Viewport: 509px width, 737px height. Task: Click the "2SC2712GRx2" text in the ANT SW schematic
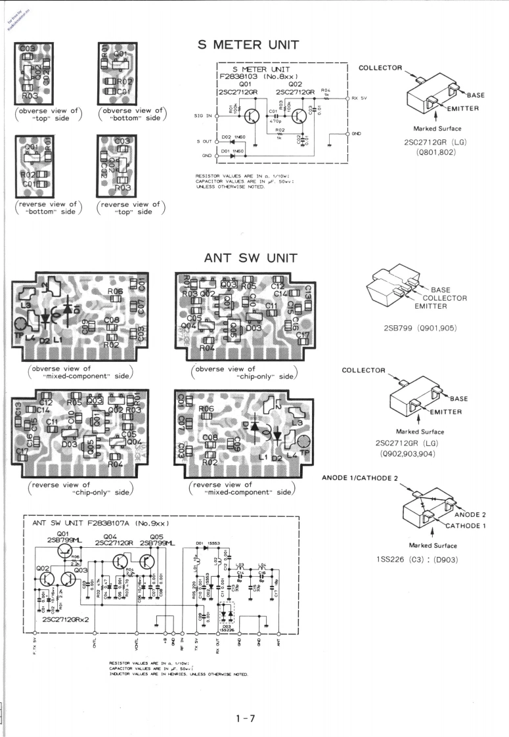64,619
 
